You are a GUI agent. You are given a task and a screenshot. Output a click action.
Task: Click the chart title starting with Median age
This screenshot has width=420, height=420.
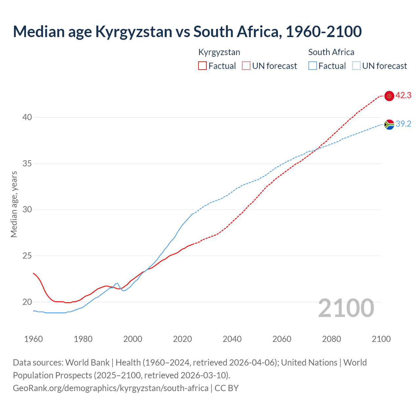pyautogui.click(x=187, y=31)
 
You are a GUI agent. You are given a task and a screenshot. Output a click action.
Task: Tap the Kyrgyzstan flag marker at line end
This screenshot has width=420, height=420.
pyautogui.click(x=389, y=96)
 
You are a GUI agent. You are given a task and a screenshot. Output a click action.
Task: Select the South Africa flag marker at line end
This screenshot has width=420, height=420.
pyautogui.click(x=389, y=124)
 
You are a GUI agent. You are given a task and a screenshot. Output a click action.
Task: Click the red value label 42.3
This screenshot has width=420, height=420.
pyautogui.click(x=403, y=95)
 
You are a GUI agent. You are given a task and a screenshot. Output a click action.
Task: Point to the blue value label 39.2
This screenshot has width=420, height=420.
pyautogui.click(x=403, y=124)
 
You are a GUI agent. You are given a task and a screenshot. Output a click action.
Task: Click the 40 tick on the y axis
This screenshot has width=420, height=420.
pyautogui.click(x=27, y=117)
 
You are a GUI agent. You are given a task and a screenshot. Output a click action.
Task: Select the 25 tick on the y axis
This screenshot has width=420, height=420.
pyautogui.click(x=27, y=256)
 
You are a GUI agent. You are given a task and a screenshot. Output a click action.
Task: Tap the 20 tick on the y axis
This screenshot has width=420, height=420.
pyautogui.click(x=27, y=302)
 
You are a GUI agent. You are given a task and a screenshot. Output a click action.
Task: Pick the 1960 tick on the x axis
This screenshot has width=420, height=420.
pyautogui.click(x=33, y=339)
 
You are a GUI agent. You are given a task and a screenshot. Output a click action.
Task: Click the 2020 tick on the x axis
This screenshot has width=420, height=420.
pyautogui.click(x=182, y=339)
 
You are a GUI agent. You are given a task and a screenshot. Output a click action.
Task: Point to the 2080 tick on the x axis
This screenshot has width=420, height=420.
pyautogui.click(x=331, y=339)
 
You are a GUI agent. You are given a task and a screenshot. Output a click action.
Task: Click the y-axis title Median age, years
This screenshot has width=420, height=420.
pyautogui.click(x=14, y=204)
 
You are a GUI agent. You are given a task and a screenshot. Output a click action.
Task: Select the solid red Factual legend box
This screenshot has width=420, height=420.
pyautogui.click(x=202, y=66)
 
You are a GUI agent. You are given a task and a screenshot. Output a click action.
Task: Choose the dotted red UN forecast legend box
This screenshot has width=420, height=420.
pyautogui.click(x=246, y=66)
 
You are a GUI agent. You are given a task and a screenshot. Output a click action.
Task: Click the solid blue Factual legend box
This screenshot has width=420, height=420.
pyautogui.click(x=313, y=66)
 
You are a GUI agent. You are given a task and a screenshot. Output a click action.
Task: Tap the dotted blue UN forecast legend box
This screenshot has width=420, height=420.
pyautogui.click(x=356, y=66)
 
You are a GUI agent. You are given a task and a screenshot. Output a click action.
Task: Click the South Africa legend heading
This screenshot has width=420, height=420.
pyautogui.click(x=331, y=52)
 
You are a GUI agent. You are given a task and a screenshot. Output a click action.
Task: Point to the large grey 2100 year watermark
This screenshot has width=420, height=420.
pyautogui.click(x=346, y=308)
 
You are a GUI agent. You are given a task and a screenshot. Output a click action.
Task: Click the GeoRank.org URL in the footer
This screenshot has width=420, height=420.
pyautogui.click(x=111, y=388)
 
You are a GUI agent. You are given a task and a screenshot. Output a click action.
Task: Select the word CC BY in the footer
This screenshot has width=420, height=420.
pyautogui.click(x=227, y=388)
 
